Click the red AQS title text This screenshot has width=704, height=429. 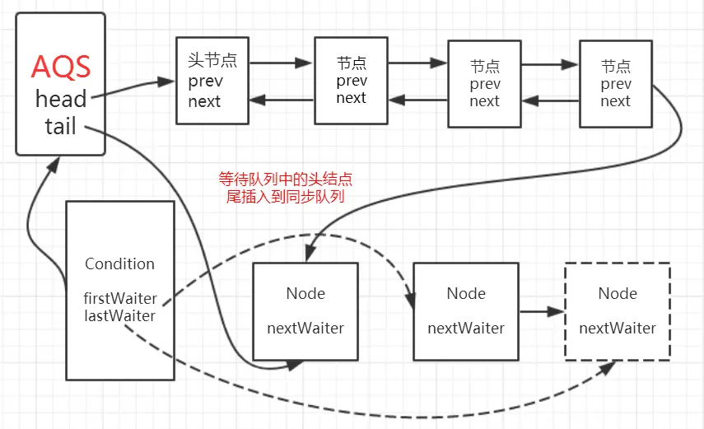[x=61, y=68]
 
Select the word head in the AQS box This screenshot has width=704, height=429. [x=61, y=99]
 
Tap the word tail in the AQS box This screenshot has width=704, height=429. [x=61, y=126]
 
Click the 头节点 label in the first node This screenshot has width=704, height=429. [x=212, y=60]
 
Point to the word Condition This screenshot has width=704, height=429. [x=120, y=263]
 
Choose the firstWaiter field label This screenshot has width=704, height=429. [x=120, y=298]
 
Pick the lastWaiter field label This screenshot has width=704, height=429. [x=120, y=315]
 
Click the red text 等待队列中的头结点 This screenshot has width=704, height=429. [x=286, y=180]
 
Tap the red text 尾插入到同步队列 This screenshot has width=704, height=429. [x=286, y=197]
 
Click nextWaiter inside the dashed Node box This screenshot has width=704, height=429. [x=618, y=329]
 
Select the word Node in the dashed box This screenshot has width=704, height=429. [x=618, y=293]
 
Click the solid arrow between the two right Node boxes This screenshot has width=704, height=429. [x=542, y=311]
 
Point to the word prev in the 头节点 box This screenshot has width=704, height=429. [x=205, y=82]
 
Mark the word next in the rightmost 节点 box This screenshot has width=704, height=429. [x=615, y=101]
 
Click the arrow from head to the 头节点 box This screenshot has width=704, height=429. [x=133, y=87]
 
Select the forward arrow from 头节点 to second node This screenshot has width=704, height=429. [x=281, y=63]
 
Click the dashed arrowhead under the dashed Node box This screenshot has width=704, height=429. [x=608, y=368]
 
